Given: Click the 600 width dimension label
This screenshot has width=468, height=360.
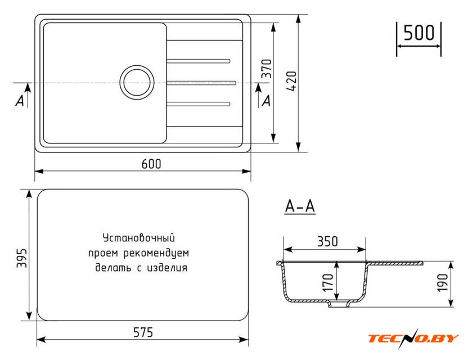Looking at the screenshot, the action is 151,164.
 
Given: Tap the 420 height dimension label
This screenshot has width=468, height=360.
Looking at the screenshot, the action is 291,81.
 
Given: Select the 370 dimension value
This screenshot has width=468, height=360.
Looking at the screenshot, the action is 267,69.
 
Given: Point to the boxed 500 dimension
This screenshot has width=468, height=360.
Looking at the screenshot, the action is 418,33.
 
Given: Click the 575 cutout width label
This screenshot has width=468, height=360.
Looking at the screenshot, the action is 143,332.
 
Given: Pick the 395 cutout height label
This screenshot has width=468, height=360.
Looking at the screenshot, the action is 22,258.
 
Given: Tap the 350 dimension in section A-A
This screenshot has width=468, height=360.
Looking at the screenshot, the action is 327,241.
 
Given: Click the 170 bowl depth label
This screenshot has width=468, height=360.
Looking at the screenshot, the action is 328,282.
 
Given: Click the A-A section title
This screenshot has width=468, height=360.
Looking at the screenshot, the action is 300,206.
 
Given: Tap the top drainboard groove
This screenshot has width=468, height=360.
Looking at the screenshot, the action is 198,61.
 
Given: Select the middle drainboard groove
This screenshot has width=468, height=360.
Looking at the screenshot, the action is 201,83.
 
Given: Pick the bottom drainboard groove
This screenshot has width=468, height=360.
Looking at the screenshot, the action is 198,104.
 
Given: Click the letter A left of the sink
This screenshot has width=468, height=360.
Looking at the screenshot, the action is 20,101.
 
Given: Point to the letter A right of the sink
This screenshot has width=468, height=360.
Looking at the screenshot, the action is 266,101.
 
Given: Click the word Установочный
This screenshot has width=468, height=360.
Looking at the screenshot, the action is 139,238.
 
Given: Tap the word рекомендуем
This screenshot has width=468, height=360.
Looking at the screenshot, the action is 156,254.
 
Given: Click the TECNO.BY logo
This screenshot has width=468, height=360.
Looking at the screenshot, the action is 413,338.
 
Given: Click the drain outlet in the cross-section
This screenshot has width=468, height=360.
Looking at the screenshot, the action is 339,304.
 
